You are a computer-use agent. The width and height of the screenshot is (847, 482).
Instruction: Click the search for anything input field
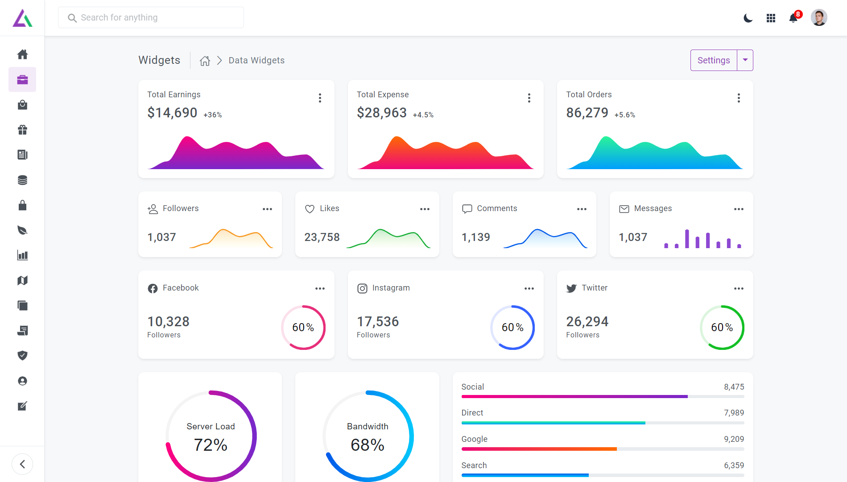tap(151, 17)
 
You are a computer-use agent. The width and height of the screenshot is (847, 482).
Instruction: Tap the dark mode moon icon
tap(748, 18)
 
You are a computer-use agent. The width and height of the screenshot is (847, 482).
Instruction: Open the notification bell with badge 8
tap(793, 18)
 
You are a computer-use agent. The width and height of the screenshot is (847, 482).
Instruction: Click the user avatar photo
tap(819, 18)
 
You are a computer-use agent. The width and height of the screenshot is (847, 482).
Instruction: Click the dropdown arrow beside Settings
tap(745, 60)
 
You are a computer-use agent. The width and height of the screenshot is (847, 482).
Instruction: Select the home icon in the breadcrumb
tap(205, 61)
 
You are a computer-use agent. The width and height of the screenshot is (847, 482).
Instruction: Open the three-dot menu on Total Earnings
tap(320, 98)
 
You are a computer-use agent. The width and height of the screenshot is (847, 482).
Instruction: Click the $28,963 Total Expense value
tap(382, 112)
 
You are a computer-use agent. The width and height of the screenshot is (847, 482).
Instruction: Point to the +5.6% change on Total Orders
tap(625, 115)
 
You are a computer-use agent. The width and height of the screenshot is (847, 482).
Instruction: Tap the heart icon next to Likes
tap(310, 209)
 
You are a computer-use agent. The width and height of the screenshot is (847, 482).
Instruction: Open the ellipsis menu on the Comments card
tap(582, 209)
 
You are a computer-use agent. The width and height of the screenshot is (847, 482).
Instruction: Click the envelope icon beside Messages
tap(624, 209)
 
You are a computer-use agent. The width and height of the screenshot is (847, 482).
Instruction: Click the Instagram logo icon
tap(362, 288)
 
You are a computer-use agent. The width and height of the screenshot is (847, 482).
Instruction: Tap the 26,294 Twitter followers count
tap(587, 321)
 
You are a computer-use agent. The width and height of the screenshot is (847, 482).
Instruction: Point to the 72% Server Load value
tap(211, 445)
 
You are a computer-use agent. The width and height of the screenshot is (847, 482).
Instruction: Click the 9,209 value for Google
tap(734, 439)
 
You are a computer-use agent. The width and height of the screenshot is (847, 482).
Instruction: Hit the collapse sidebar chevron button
tap(22, 464)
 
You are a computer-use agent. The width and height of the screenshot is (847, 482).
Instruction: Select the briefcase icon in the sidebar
tap(22, 79)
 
